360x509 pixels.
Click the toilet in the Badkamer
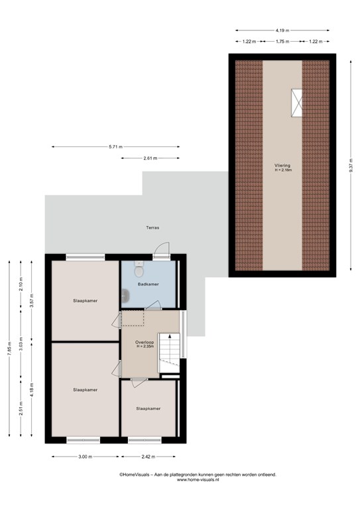(x=139, y=270)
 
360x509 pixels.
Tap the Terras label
(x=152, y=228)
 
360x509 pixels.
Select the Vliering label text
(x=282, y=166)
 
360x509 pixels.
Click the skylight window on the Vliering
(x=296, y=103)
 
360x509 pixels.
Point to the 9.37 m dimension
(x=351, y=166)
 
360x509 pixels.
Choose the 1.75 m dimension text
(x=282, y=42)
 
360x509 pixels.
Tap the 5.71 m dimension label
(x=115, y=146)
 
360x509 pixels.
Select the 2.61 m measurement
(x=150, y=158)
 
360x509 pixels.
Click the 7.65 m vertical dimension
(x=9, y=349)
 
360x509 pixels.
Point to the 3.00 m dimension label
(x=86, y=457)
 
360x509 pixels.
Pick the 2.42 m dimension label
(x=148, y=457)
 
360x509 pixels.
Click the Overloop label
(x=145, y=342)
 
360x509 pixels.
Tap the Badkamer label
(x=149, y=284)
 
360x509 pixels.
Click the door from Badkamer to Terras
(x=162, y=251)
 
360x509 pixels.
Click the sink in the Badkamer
(x=125, y=296)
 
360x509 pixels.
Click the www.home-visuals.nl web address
(x=198, y=479)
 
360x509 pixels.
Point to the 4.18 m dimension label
(x=32, y=389)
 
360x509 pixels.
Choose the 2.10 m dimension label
(x=21, y=285)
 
